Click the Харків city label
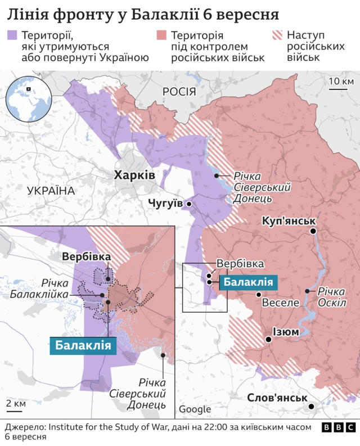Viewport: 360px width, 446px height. tap(134, 175)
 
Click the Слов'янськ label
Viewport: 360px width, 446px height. tap(276, 398)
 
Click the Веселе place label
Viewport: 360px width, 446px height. tap(281, 303)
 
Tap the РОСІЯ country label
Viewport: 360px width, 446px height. tap(178, 92)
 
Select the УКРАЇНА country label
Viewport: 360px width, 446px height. tap(51, 191)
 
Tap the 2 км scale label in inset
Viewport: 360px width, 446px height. tap(15, 404)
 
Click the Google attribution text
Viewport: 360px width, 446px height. tap(195, 409)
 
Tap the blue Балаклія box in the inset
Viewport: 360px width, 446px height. tap(83, 345)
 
